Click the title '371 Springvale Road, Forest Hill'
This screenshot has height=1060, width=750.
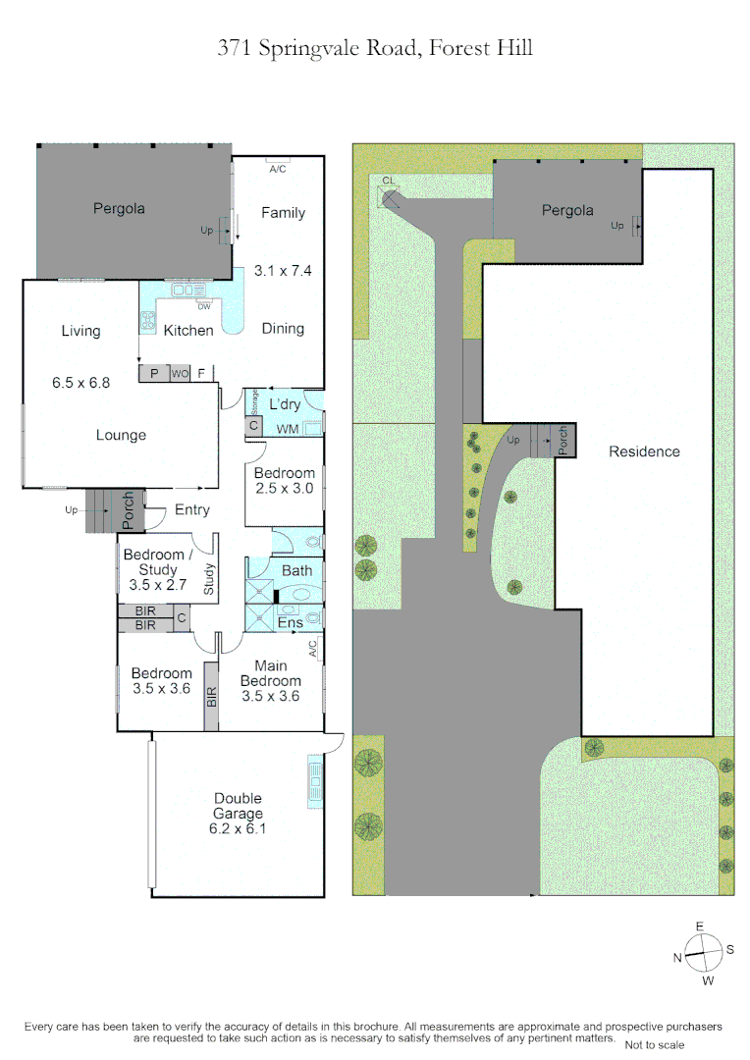(375, 49)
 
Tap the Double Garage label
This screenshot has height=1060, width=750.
(238, 806)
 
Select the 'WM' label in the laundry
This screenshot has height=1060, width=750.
(288, 429)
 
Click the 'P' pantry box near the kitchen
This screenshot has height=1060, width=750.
(154, 373)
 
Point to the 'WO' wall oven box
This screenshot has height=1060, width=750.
(180, 373)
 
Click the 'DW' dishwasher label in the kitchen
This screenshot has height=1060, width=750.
(204, 307)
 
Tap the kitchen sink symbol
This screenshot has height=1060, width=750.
(188, 290)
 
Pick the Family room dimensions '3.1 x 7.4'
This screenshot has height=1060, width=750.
(283, 271)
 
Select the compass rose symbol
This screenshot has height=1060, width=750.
(703, 953)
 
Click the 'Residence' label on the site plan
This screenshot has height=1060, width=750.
(645, 451)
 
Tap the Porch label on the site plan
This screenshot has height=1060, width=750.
(562, 440)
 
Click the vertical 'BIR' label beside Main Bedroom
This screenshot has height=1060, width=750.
(212, 697)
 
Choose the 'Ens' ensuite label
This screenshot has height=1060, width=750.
(291, 622)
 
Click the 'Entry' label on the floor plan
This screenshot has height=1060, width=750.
(192, 509)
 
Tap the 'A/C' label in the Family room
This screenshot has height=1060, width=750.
(277, 169)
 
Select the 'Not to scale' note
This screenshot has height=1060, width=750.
(654, 1045)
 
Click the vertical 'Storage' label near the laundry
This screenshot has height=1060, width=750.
(254, 402)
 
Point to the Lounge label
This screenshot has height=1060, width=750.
(121, 436)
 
